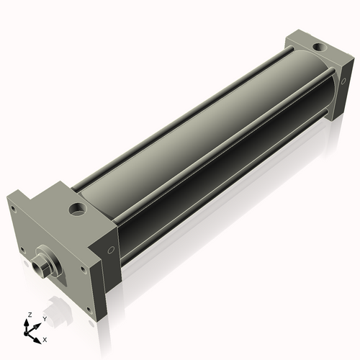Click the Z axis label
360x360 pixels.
pyautogui.click(x=29, y=315)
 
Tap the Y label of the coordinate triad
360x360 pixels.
pyautogui.click(x=44, y=318)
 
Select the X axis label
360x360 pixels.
pyautogui.click(x=45, y=338)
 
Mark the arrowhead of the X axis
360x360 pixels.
pyautogui.click(x=38, y=337)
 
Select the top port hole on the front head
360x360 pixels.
pyautogui.click(x=76, y=210)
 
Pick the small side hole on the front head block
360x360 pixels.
pyautogui.click(x=110, y=250)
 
